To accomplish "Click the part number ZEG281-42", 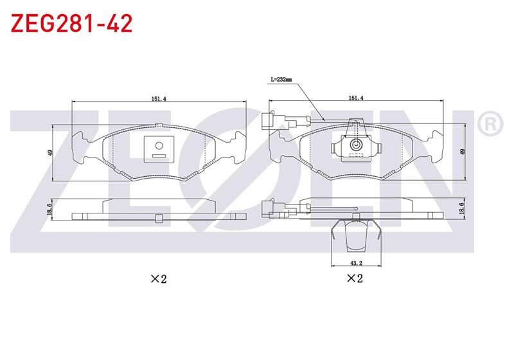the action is click(71, 23).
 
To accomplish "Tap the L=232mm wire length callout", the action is click(281, 79).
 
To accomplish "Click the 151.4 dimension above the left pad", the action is click(159, 98).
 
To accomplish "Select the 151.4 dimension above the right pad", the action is click(356, 98).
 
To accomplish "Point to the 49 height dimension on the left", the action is click(50, 152).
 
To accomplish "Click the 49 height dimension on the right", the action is click(463, 152).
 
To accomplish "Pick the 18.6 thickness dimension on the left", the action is click(49, 209).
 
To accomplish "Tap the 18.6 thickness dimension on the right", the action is click(462, 208).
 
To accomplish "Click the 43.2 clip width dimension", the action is click(356, 263).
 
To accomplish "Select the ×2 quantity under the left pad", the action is click(159, 279).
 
